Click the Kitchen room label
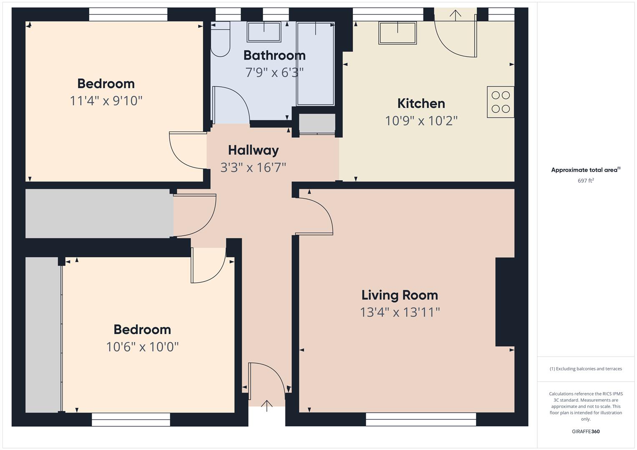pyautogui.click(x=421, y=103)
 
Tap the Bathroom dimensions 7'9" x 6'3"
pyautogui.click(x=274, y=72)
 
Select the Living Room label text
pyautogui.click(x=400, y=295)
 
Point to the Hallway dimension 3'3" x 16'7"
pyautogui.click(x=253, y=167)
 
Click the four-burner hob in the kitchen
pyautogui.click(x=501, y=102)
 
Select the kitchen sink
pyautogui.click(x=398, y=32)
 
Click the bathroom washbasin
pyautogui.click(x=264, y=32)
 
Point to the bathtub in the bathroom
pyautogui.click(x=315, y=63)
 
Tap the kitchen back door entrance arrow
pyautogui.click(x=455, y=15)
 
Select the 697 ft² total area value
pyautogui.click(x=586, y=181)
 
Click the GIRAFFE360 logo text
pyautogui.click(x=586, y=432)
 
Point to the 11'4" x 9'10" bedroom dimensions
pyautogui.click(x=106, y=101)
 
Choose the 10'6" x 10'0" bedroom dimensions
pyautogui.click(x=142, y=347)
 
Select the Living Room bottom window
pyautogui.click(x=420, y=419)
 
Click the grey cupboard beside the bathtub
pyautogui.click(x=317, y=123)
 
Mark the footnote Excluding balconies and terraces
pyautogui.click(x=586, y=369)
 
